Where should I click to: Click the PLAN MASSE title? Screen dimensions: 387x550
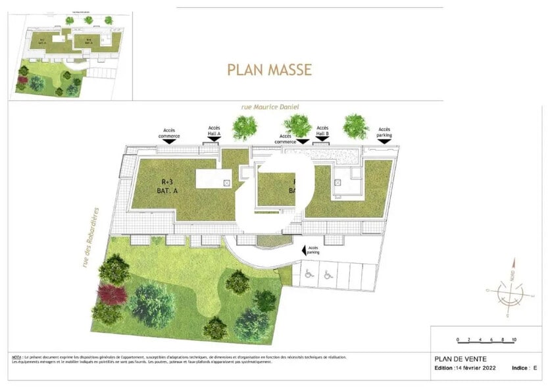tap(269, 69)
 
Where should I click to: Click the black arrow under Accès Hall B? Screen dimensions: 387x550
tap(322, 140)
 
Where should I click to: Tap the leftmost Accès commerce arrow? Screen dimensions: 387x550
tap(169, 140)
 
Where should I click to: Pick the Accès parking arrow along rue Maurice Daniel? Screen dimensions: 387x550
tap(384, 140)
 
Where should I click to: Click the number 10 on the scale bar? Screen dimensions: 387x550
tap(513, 340)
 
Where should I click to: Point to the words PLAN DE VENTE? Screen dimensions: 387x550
tap(457, 359)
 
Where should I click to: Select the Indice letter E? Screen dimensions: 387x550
tap(535, 367)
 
